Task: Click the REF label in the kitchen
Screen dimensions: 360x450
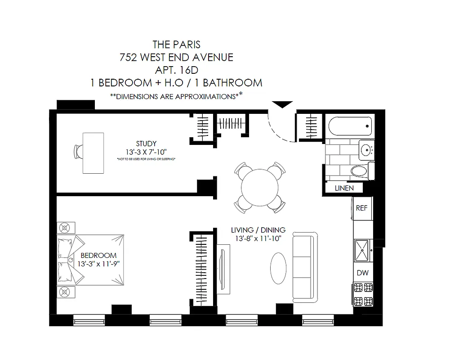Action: coord(362,208)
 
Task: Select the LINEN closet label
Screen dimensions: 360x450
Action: coord(344,188)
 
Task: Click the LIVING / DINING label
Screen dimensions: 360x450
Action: coord(258,229)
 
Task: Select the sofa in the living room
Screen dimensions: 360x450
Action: coord(305,267)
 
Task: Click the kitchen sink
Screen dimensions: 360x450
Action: coord(362,249)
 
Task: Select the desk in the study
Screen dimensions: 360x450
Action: coord(93,153)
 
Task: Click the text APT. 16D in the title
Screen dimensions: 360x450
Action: coord(176,70)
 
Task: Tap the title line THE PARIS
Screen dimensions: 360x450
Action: coord(176,45)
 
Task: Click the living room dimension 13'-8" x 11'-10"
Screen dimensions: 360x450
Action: coord(258,238)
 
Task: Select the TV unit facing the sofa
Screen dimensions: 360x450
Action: coord(223,268)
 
